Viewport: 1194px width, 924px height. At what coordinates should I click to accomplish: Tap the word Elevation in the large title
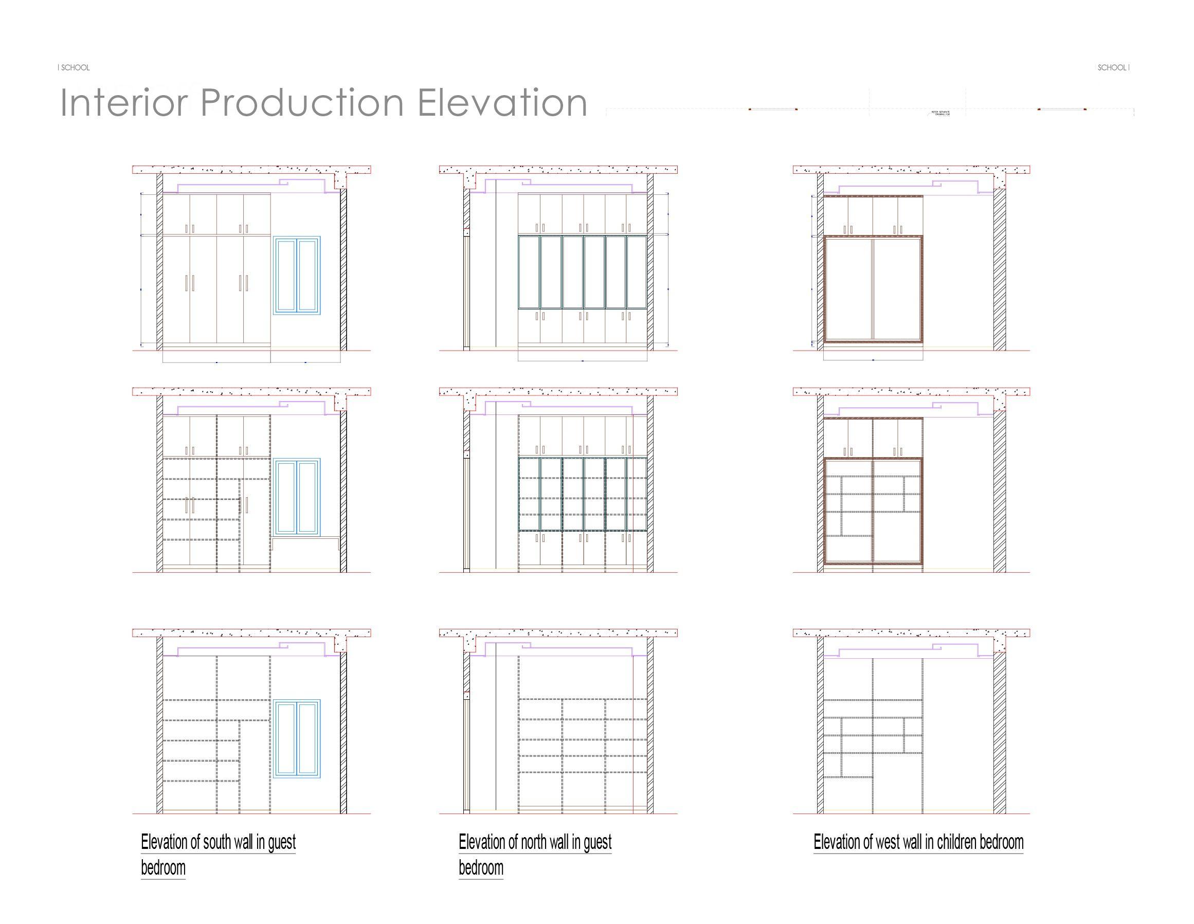tap(502, 103)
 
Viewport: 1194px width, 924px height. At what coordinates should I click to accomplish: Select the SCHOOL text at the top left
tap(75, 68)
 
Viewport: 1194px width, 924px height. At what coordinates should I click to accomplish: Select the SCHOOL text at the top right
tap(1112, 68)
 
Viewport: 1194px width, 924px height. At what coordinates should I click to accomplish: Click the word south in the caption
tap(217, 842)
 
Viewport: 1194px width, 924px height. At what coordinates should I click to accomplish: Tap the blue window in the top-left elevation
tap(297, 275)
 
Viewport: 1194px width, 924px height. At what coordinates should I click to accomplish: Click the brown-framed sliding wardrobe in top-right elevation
tap(873, 288)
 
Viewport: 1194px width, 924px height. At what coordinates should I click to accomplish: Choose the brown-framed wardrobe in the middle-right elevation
tap(873, 511)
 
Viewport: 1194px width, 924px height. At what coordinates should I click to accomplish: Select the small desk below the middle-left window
tap(305, 543)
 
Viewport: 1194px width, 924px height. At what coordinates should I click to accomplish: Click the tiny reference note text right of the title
tap(940, 113)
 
